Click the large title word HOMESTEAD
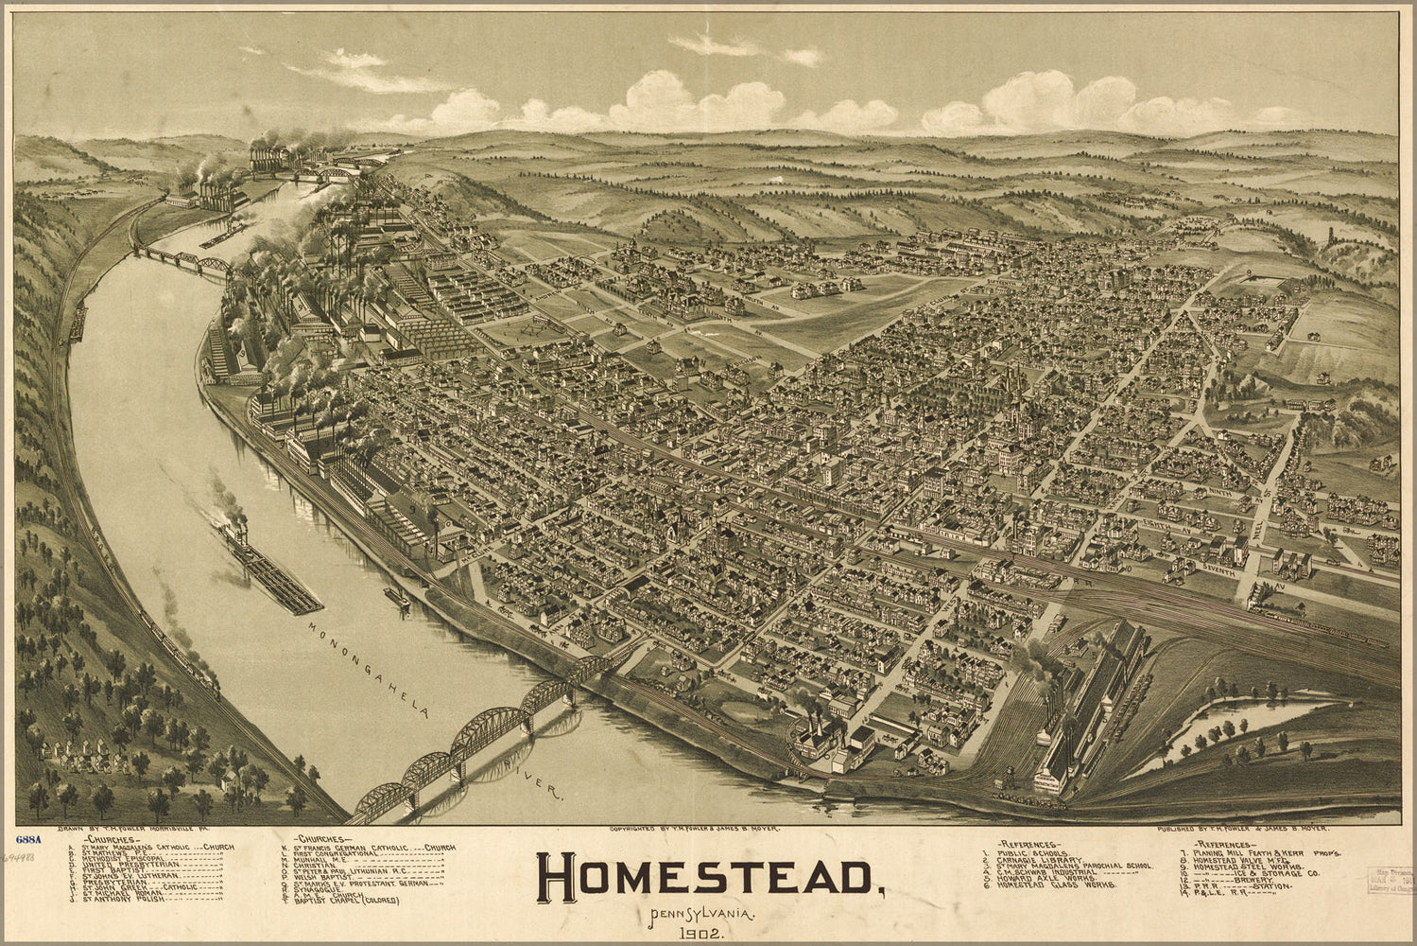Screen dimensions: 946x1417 pyautogui.click(x=705, y=879)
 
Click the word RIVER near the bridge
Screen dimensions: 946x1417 pyautogui.click(x=535, y=778)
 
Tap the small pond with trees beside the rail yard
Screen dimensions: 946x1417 pyautogui.click(x=1238, y=724)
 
